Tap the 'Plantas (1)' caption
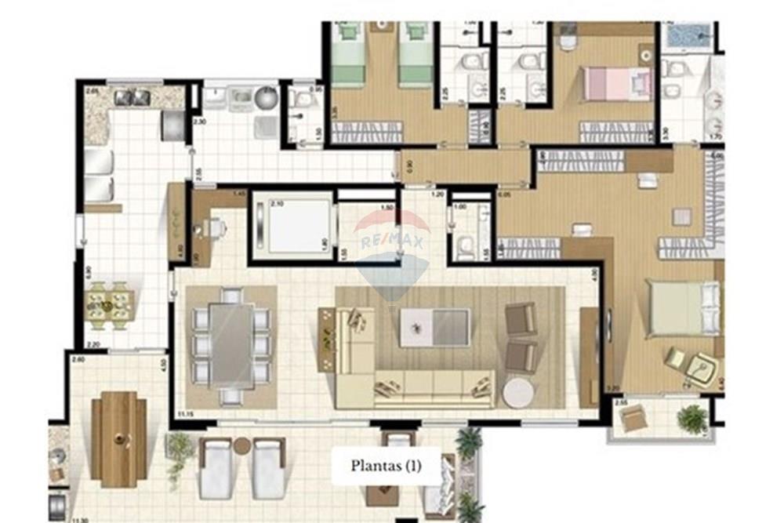pos(387,466)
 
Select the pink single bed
pos(617,84)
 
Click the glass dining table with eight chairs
pos(231,346)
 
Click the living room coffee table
pos(434,327)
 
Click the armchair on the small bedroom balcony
pos(634,419)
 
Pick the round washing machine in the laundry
pos(268,98)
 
